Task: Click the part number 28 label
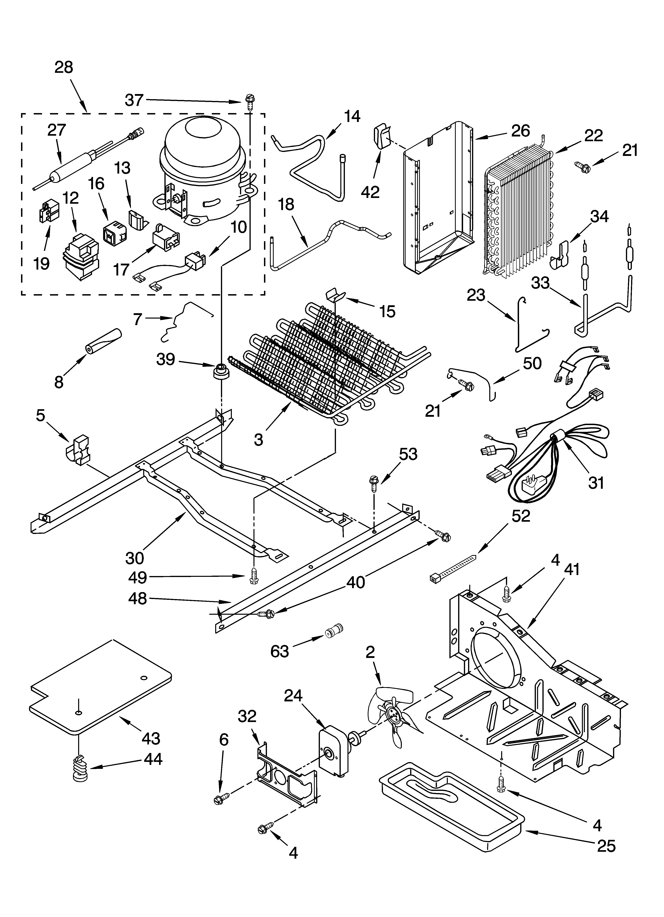click(x=64, y=67)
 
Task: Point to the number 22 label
click(x=593, y=135)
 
